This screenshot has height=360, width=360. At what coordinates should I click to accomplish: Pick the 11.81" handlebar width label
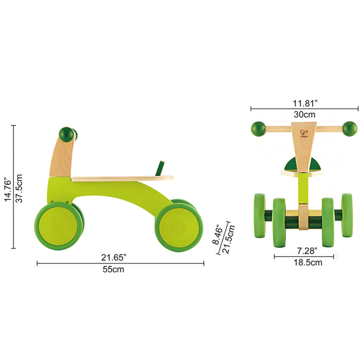(304, 102)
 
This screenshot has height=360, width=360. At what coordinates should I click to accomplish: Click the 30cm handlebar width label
(304, 115)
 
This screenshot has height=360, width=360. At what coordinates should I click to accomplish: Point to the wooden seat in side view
(122, 178)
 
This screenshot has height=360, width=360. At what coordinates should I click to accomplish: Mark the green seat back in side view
(162, 167)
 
